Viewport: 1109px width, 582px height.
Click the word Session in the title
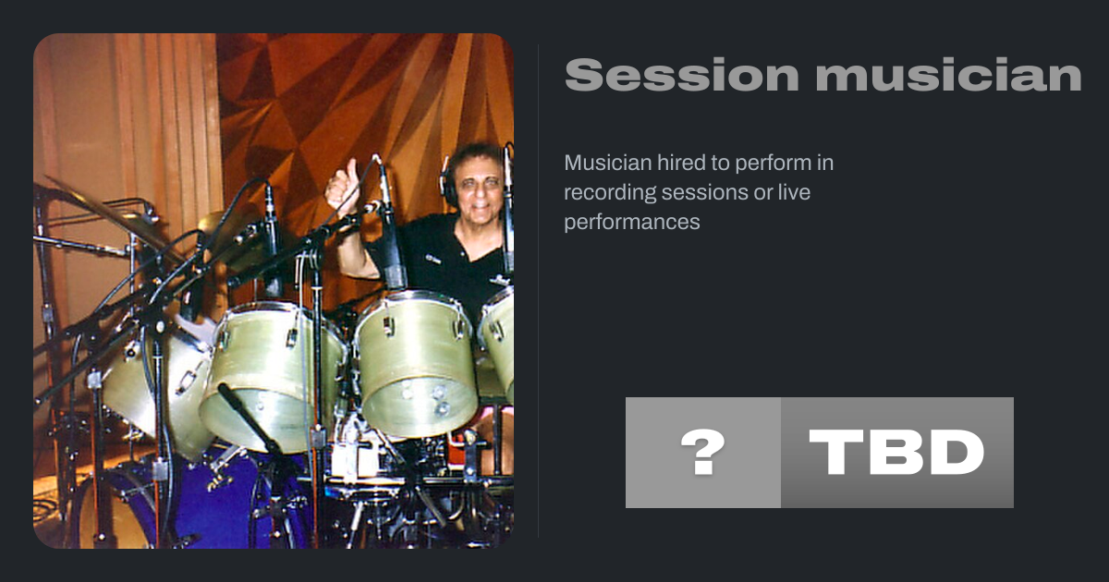point(682,75)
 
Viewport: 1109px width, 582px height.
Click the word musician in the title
point(948,75)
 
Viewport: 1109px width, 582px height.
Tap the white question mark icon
point(703,452)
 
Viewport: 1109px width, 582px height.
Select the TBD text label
point(896,452)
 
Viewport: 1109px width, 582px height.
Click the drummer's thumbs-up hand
point(343,187)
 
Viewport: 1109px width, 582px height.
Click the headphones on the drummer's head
point(448,177)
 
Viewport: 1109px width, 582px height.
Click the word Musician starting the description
point(607,163)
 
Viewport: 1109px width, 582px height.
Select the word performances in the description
point(632,223)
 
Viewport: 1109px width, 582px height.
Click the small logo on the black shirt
point(433,260)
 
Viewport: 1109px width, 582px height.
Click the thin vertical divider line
point(539,291)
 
